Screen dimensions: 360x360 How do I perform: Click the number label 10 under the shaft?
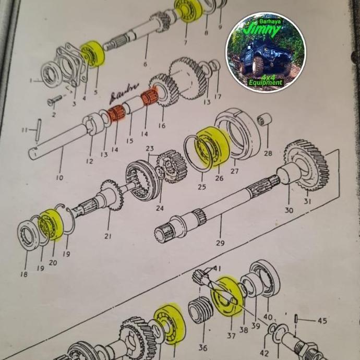59,178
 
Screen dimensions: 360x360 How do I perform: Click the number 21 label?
107,236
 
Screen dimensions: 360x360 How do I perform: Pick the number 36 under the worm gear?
203,348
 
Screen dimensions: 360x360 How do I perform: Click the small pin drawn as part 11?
39,130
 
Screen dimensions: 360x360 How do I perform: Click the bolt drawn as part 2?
54,101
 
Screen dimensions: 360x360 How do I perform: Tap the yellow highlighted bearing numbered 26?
212,147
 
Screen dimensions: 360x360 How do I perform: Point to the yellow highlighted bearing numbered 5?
93,54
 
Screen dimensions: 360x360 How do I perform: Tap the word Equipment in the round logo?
266,82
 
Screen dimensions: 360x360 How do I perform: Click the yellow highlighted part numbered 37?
227,297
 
